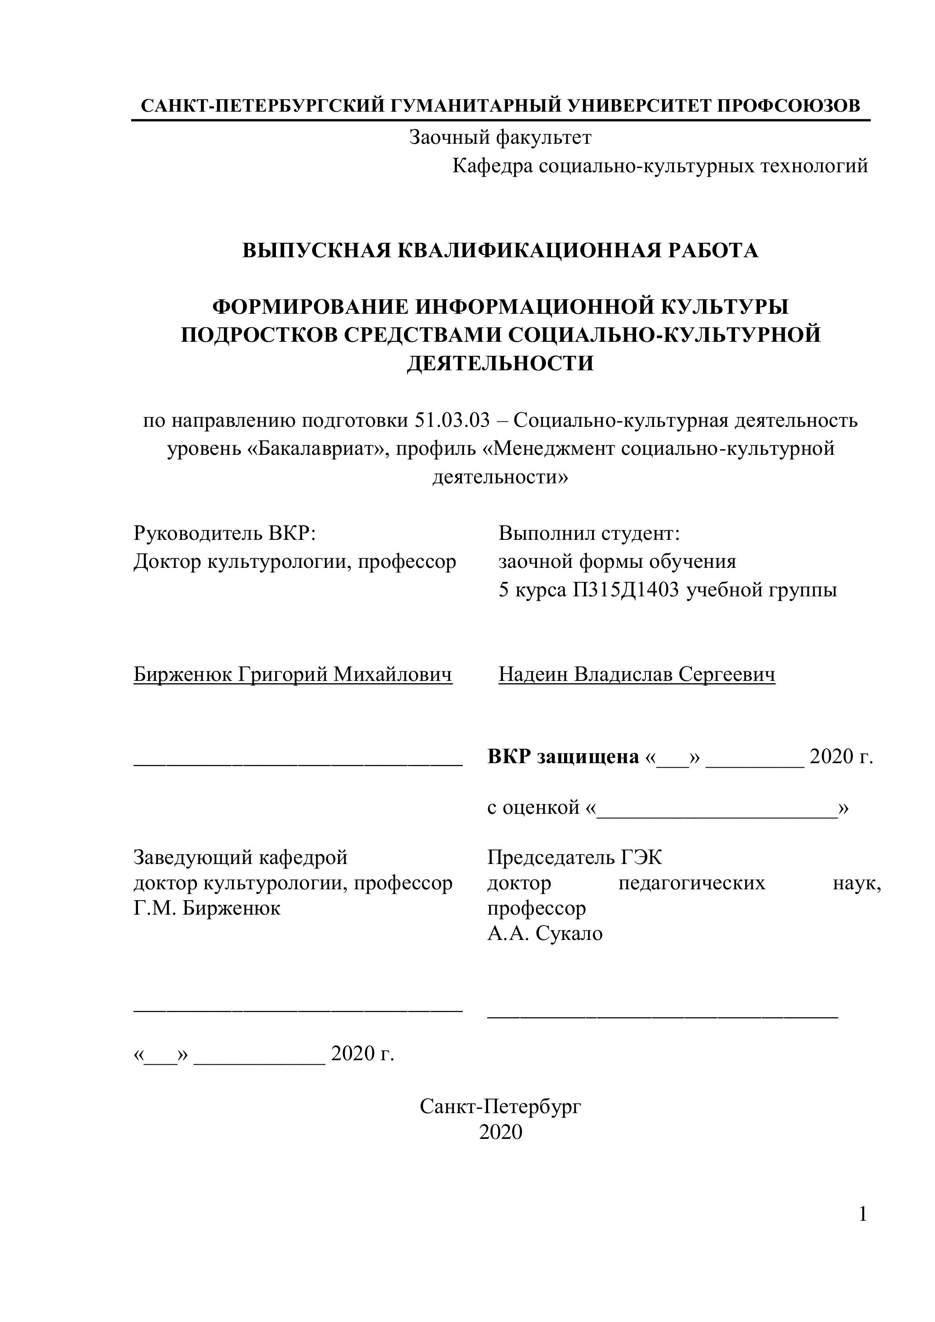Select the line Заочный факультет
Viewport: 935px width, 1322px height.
point(499,137)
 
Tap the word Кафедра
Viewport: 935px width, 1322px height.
point(493,166)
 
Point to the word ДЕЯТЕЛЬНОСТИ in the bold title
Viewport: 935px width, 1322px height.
point(499,364)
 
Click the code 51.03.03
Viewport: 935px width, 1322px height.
point(451,421)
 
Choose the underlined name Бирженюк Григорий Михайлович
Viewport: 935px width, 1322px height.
point(293,674)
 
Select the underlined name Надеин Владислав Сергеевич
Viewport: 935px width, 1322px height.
point(636,674)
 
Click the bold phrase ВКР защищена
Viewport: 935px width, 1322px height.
point(563,756)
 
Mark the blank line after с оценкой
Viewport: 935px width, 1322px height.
point(717,809)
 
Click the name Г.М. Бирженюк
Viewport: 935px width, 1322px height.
point(207,909)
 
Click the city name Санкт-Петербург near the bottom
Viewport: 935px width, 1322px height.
point(500,1106)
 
